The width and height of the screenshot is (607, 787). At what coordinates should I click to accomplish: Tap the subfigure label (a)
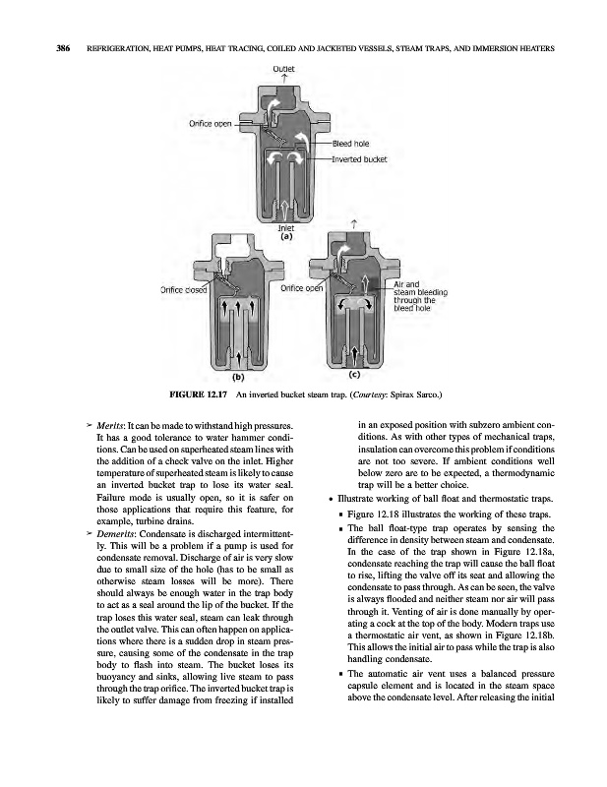(x=285, y=237)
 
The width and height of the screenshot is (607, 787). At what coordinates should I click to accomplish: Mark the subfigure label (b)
(x=238, y=376)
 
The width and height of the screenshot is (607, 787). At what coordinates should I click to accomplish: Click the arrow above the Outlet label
(x=283, y=79)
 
